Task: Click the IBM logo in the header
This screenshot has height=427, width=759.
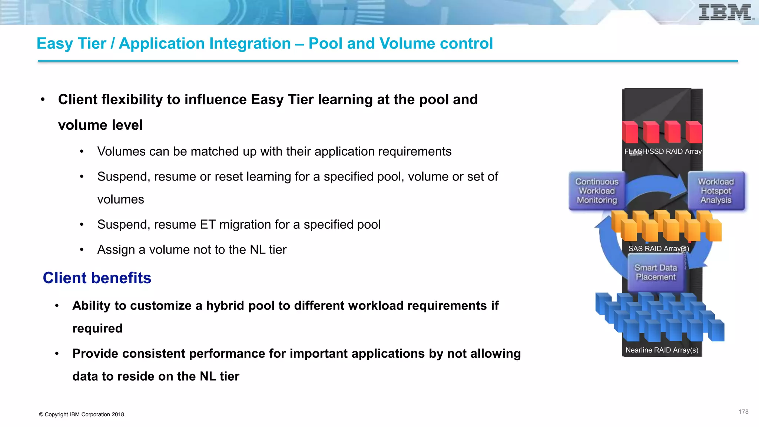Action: [x=725, y=13]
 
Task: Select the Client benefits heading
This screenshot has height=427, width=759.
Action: [x=97, y=278]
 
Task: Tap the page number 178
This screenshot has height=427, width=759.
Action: [x=743, y=412]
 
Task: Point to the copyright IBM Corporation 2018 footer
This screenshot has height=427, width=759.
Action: [x=82, y=414]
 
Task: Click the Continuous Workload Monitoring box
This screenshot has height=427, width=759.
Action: [x=597, y=191]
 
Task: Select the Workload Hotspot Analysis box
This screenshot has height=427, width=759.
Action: [x=716, y=191]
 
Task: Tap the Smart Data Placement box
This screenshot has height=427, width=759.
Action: [x=655, y=272]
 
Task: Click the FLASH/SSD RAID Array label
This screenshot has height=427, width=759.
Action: [x=663, y=151]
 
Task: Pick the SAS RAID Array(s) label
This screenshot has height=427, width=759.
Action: [x=658, y=248]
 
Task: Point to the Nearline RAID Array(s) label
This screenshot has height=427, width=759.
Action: [x=662, y=350]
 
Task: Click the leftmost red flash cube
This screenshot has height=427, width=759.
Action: [x=630, y=132]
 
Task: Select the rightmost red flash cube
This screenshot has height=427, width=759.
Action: [x=694, y=132]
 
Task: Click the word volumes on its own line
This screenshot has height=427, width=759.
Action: [x=120, y=200]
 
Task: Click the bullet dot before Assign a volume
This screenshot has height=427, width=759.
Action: [x=82, y=250]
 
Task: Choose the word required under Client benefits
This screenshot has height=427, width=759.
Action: [x=97, y=328]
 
